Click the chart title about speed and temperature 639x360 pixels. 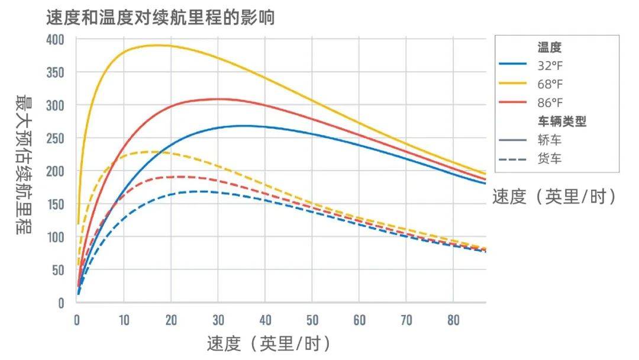(x=160, y=18)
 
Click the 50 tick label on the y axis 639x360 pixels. (x=57, y=270)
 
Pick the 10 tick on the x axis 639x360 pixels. (x=124, y=320)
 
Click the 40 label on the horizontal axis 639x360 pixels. (x=265, y=320)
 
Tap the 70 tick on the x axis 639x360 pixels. (x=406, y=320)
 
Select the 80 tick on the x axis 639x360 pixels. (x=453, y=320)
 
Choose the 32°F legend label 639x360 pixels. (x=550, y=66)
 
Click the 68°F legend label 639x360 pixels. (x=550, y=85)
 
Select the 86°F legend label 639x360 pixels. (x=550, y=103)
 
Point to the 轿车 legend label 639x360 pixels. (x=550, y=140)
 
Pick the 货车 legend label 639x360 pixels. (x=550, y=159)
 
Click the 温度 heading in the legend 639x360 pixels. (x=549, y=47)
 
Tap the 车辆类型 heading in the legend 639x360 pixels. (x=566, y=122)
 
